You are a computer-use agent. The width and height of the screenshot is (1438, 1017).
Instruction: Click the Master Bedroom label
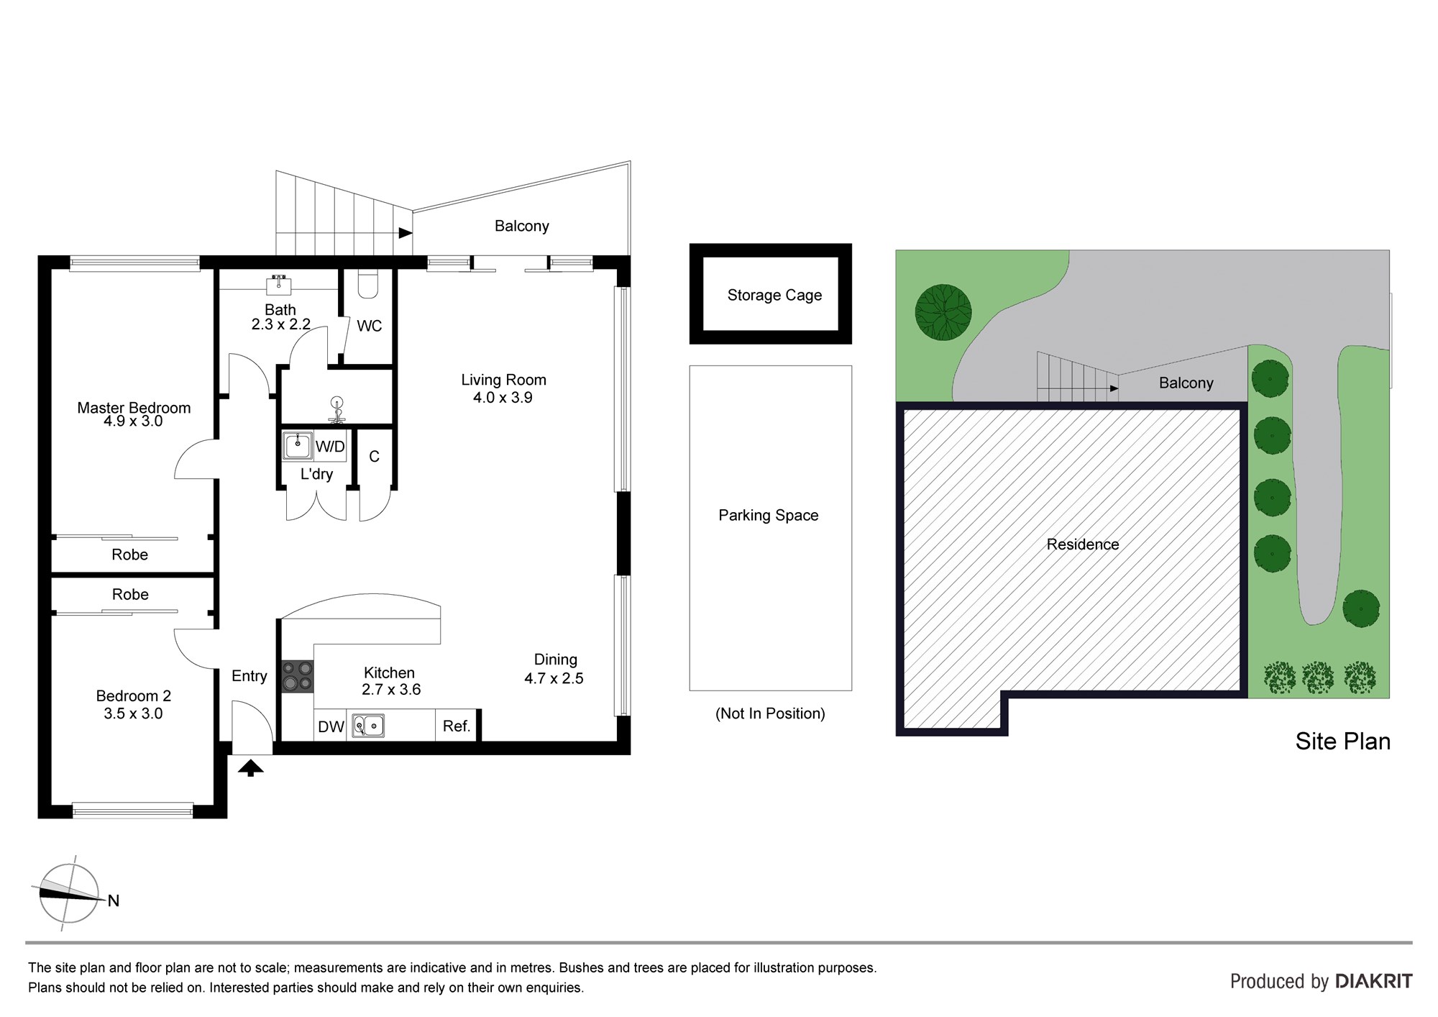(134, 408)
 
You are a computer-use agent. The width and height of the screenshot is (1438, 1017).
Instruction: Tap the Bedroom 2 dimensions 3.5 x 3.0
(133, 713)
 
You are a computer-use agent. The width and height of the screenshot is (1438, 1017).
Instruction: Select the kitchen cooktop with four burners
(298, 676)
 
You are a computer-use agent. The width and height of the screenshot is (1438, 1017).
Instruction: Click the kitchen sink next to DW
(368, 726)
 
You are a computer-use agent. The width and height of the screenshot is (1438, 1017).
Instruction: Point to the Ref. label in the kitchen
(457, 726)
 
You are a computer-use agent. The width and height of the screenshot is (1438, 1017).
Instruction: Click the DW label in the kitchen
(331, 726)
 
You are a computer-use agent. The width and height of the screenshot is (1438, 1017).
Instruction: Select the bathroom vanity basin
(279, 285)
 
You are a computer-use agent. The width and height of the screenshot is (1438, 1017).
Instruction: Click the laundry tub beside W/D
(298, 446)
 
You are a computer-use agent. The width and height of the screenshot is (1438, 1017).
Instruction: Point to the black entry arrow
(251, 768)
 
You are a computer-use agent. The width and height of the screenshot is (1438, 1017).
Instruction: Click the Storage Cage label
(774, 295)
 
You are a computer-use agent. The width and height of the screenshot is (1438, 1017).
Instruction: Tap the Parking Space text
(769, 515)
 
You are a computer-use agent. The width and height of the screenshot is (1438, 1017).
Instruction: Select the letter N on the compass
(114, 900)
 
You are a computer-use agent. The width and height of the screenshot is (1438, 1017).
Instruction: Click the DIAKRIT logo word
(1373, 981)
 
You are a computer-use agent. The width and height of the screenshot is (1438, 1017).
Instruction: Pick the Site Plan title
(1342, 742)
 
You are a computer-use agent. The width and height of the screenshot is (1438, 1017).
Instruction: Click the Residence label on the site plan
(1083, 544)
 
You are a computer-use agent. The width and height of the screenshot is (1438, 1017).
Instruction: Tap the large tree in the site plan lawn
(943, 312)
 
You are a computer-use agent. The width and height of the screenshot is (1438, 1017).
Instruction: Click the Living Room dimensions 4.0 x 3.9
(503, 398)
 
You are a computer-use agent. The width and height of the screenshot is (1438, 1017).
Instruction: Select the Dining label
(555, 660)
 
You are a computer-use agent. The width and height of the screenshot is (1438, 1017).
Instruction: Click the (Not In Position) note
(770, 713)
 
